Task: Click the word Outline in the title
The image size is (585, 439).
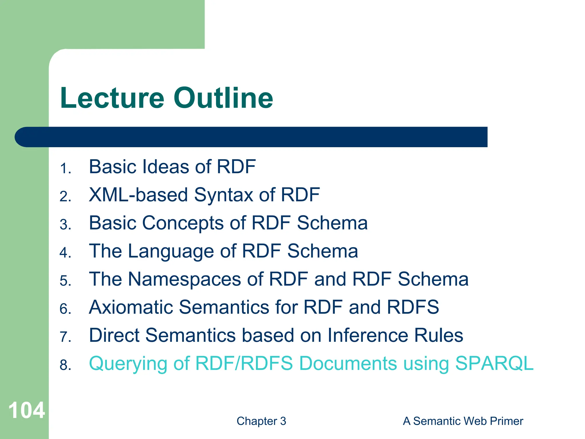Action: tap(223, 98)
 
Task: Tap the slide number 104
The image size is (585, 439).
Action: tap(27, 410)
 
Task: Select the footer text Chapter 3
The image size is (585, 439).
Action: tap(261, 421)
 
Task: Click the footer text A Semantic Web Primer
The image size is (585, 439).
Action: tap(463, 421)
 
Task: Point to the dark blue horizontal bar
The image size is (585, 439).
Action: tap(251, 137)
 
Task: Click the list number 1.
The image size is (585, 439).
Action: tap(65, 168)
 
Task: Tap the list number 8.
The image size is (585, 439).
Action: tap(65, 365)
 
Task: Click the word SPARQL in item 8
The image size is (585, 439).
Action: tap(494, 363)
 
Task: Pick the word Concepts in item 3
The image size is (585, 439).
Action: tap(183, 223)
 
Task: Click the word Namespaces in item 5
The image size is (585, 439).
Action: tap(185, 279)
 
